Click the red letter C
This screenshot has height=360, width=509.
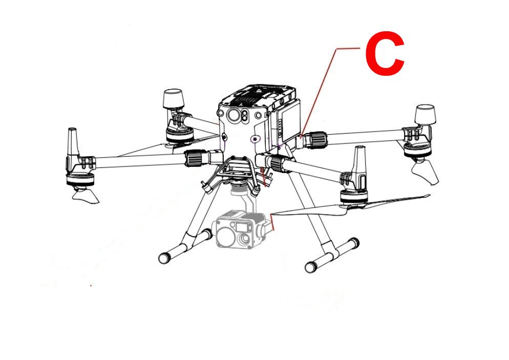385,54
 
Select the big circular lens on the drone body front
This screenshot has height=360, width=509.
234,115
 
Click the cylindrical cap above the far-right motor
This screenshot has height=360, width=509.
425,114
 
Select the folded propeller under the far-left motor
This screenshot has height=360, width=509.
85,197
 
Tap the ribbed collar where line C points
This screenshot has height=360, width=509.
317,140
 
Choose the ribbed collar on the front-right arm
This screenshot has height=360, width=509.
278,163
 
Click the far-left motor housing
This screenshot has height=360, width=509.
80,179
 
